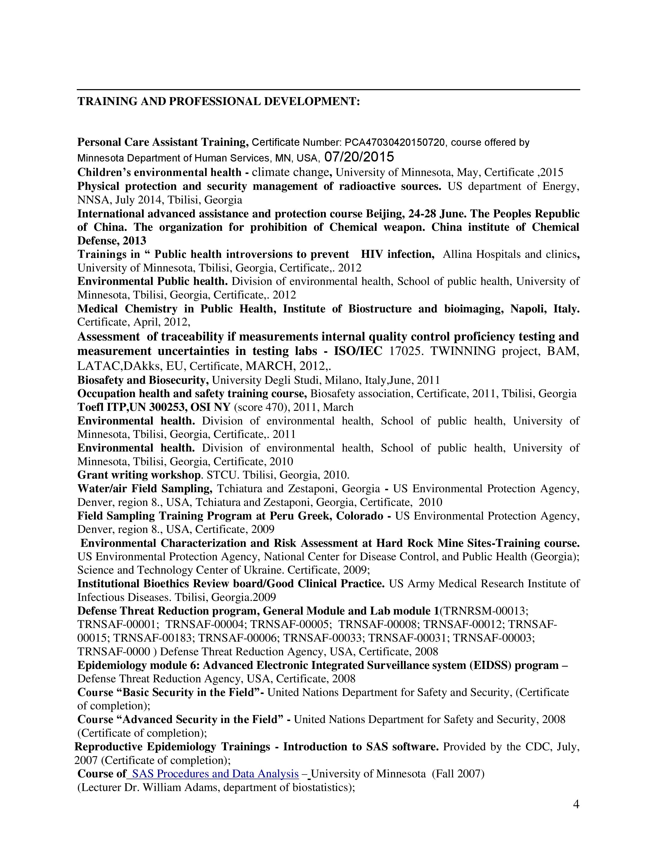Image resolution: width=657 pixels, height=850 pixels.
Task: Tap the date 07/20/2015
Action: click(x=359, y=157)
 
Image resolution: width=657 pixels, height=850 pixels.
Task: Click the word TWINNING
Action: click(x=463, y=351)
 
